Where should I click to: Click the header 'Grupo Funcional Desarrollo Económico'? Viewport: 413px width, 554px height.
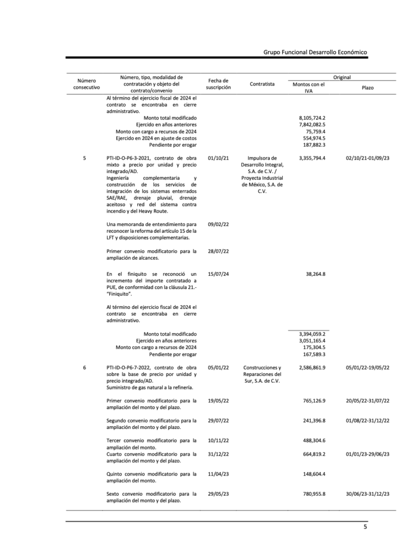click(315, 52)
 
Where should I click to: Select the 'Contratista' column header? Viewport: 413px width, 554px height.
click(262, 84)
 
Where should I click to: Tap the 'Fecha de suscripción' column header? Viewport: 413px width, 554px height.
click(218, 84)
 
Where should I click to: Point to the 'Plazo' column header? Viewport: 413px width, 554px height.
click(368, 87)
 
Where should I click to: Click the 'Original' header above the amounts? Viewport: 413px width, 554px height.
click(342, 77)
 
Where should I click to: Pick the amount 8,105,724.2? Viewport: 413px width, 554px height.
click(312, 117)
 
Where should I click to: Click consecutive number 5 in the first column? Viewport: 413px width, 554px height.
click(84, 157)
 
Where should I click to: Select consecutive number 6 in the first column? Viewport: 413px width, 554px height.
click(84, 367)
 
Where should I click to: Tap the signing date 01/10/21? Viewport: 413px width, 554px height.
click(218, 157)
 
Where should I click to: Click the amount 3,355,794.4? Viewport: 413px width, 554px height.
click(312, 157)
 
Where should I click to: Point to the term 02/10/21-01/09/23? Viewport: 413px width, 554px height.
click(368, 157)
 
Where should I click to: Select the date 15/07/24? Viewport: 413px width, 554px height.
click(218, 274)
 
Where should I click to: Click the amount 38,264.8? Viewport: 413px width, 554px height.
click(316, 274)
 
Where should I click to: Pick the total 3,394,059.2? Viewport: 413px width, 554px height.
click(312, 334)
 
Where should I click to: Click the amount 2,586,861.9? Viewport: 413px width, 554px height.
click(312, 367)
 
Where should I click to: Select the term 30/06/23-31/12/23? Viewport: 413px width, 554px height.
click(368, 493)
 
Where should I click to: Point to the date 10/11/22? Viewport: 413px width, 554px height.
click(218, 440)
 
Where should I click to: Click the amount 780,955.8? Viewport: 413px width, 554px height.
click(314, 493)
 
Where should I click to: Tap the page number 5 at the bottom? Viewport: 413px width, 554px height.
click(365, 527)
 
